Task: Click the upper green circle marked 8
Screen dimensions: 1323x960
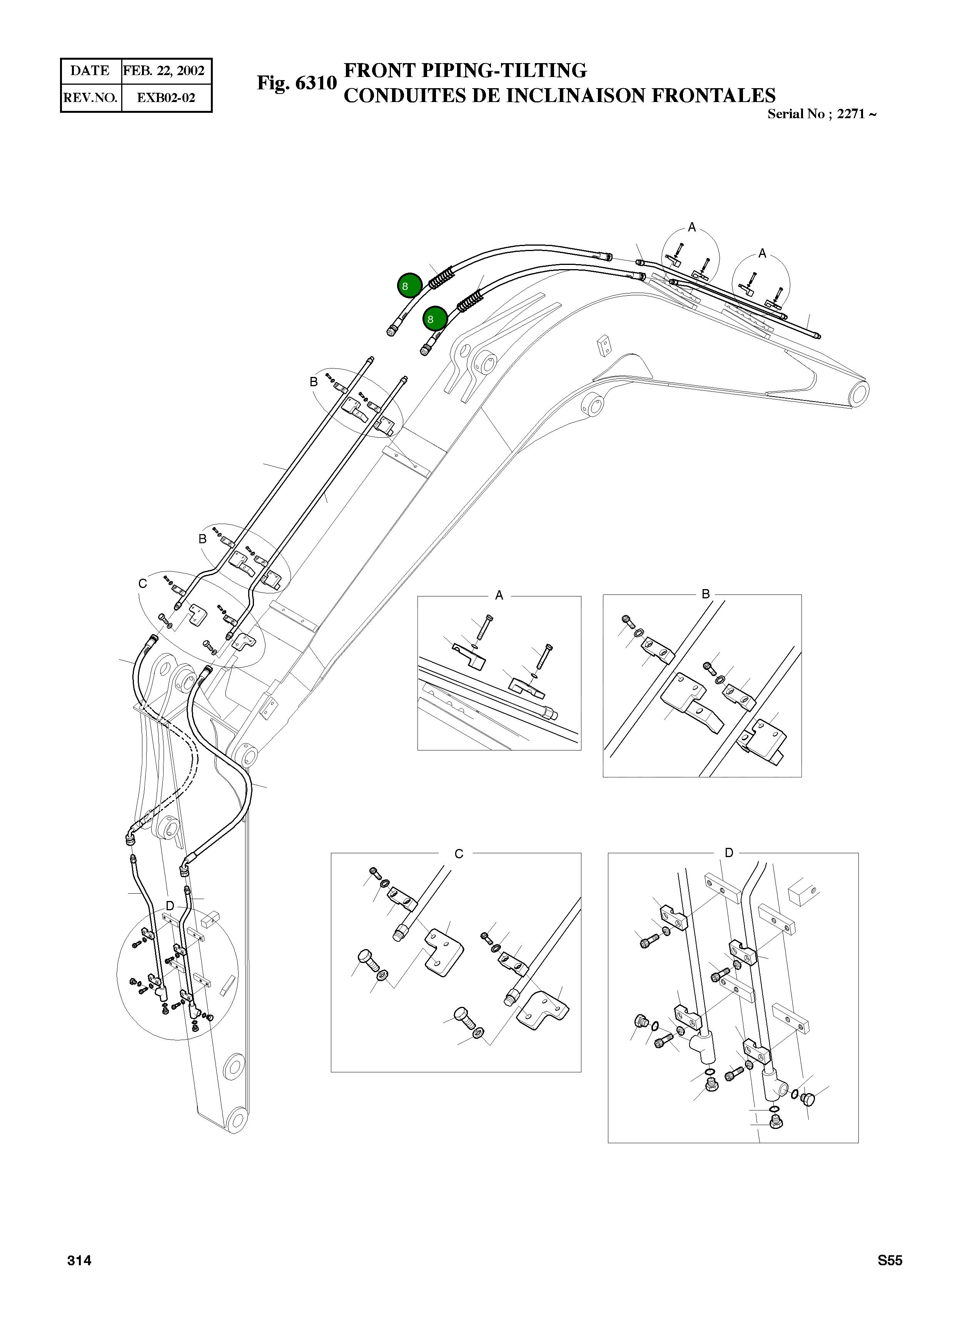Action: pyautogui.click(x=410, y=285)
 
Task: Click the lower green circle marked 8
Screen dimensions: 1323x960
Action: pyautogui.click(x=435, y=318)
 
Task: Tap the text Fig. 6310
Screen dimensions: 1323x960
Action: pyautogui.click(x=297, y=83)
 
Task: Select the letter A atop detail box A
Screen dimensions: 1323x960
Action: pyautogui.click(x=499, y=596)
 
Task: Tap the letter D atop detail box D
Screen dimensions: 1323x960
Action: pyautogui.click(x=729, y=853)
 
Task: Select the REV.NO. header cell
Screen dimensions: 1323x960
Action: pyautogui.click(x=90, y=97)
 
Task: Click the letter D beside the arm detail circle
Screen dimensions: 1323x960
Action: pyautogui.click(x=170, y=906)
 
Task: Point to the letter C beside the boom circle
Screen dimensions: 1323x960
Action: pyautogui.click(x=142, y=583)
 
